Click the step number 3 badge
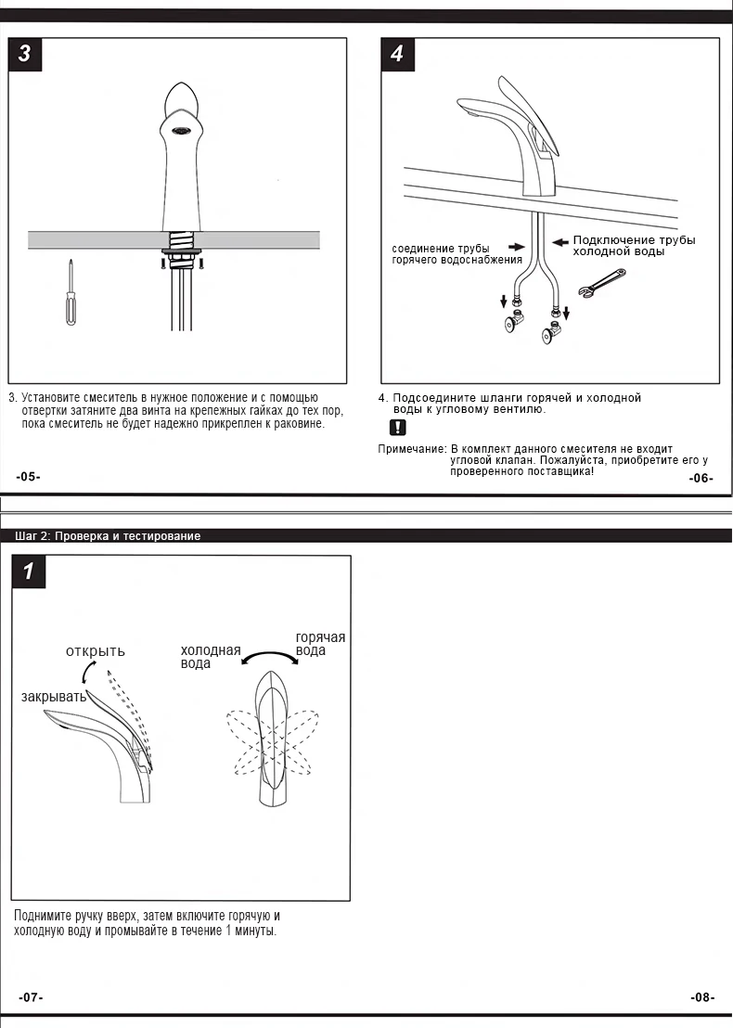[25, 54]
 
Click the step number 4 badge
[397, 54]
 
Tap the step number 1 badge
[29, 571]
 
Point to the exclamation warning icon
[397, 428]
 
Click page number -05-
[29, 476]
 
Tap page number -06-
[701, 478]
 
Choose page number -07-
[31, 997]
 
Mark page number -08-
[702, 997]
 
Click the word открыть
[95, 650]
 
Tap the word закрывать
[54, 696]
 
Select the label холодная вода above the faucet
[210, 657]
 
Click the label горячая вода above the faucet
[320, 643]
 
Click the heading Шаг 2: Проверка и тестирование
[108, 536]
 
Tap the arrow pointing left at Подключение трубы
[559, 241]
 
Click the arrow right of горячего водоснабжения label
[515, 248]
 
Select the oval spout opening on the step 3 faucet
[181, 130]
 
